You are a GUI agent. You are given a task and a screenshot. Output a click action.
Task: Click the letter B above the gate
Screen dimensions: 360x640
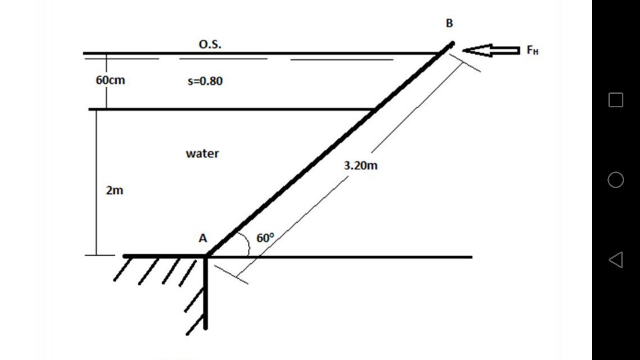click(449, 23)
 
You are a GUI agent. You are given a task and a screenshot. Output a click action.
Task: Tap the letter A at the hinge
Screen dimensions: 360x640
click(202, 237)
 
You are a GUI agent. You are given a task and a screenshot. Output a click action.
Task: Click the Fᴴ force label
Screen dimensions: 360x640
click(531, 50)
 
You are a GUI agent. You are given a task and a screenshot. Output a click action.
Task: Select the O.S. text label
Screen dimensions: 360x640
click(211, 45)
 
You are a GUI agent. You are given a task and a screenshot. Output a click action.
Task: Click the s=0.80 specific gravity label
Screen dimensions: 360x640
click(205, 82)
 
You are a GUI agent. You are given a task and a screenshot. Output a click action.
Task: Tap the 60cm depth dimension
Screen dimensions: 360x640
click(110, 80)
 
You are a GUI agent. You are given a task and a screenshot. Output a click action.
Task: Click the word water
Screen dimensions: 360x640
click(202, 153)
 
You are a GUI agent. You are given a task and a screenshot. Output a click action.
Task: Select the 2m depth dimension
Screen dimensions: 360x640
click(114, 191)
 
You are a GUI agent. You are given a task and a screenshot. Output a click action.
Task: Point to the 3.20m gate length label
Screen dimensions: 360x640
click(361, 166)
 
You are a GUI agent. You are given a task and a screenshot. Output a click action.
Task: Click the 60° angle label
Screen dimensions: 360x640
click(265, 238)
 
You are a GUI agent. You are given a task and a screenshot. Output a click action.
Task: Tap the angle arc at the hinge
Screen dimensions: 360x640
click(247, 245)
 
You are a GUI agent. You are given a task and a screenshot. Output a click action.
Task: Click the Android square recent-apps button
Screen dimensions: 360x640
click(616, 100)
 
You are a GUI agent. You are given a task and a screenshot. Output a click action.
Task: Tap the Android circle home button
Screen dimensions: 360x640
click(616, 180)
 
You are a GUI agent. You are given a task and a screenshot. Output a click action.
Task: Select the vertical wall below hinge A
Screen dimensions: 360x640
click(206, 293)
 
